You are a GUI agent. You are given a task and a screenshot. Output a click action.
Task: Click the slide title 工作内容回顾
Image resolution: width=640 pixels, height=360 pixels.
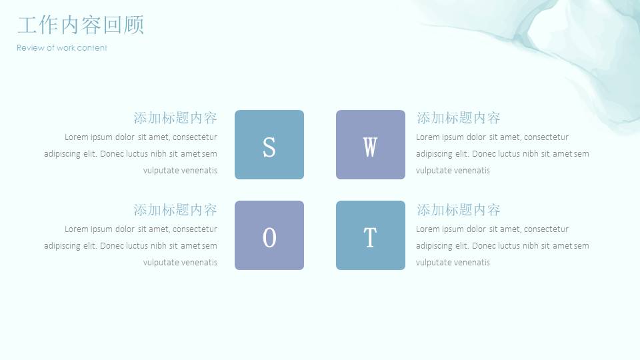(81, 25)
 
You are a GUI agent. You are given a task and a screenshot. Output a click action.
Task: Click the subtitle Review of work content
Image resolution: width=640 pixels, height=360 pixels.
(61, 48)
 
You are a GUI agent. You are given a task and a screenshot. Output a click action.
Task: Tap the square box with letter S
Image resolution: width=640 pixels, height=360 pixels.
(269, 145)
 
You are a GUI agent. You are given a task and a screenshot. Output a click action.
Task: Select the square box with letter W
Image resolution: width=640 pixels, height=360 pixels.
(371, 145)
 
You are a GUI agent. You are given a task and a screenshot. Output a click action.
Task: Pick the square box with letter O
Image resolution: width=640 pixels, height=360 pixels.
(269, 235)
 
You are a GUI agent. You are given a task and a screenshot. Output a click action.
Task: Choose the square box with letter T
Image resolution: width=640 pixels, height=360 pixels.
(371, 235)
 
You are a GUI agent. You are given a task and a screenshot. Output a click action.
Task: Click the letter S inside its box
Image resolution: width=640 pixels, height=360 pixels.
(269, 147)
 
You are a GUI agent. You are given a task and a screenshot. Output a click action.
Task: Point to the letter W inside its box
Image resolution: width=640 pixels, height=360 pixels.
(370, 147)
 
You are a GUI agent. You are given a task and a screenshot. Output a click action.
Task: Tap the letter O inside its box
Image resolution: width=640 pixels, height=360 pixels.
(269, 238)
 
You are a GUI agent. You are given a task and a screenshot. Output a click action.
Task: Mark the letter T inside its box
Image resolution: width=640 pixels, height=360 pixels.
(370, 238)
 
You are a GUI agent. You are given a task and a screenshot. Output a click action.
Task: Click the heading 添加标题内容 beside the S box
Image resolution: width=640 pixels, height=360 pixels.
(175, 118)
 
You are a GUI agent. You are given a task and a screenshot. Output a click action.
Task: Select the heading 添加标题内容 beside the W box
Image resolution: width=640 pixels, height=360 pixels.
(459, 118)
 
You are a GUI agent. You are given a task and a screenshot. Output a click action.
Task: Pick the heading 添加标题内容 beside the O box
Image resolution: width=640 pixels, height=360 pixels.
(175, 210)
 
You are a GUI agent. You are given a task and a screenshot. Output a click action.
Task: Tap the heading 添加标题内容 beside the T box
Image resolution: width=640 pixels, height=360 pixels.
(459, 210)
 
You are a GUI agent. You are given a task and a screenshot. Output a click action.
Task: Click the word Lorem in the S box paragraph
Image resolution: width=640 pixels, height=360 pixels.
(76, 137)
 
